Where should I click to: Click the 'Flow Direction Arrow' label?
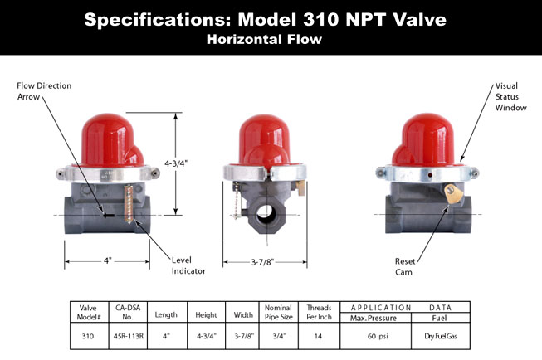(x=44, y=91)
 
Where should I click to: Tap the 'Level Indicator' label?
(x=188, y=265)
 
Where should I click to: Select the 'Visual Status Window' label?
(x=511, y=97)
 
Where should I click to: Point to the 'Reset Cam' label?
(x=405, y=266)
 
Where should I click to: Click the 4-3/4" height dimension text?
(x=176, y=163)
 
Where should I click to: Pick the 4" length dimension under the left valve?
(x=108, y=260)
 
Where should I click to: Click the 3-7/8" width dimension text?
(x=262, y=262)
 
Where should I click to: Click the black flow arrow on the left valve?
(x=109, y=215)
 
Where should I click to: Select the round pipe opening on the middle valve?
(x=266, y=215)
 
